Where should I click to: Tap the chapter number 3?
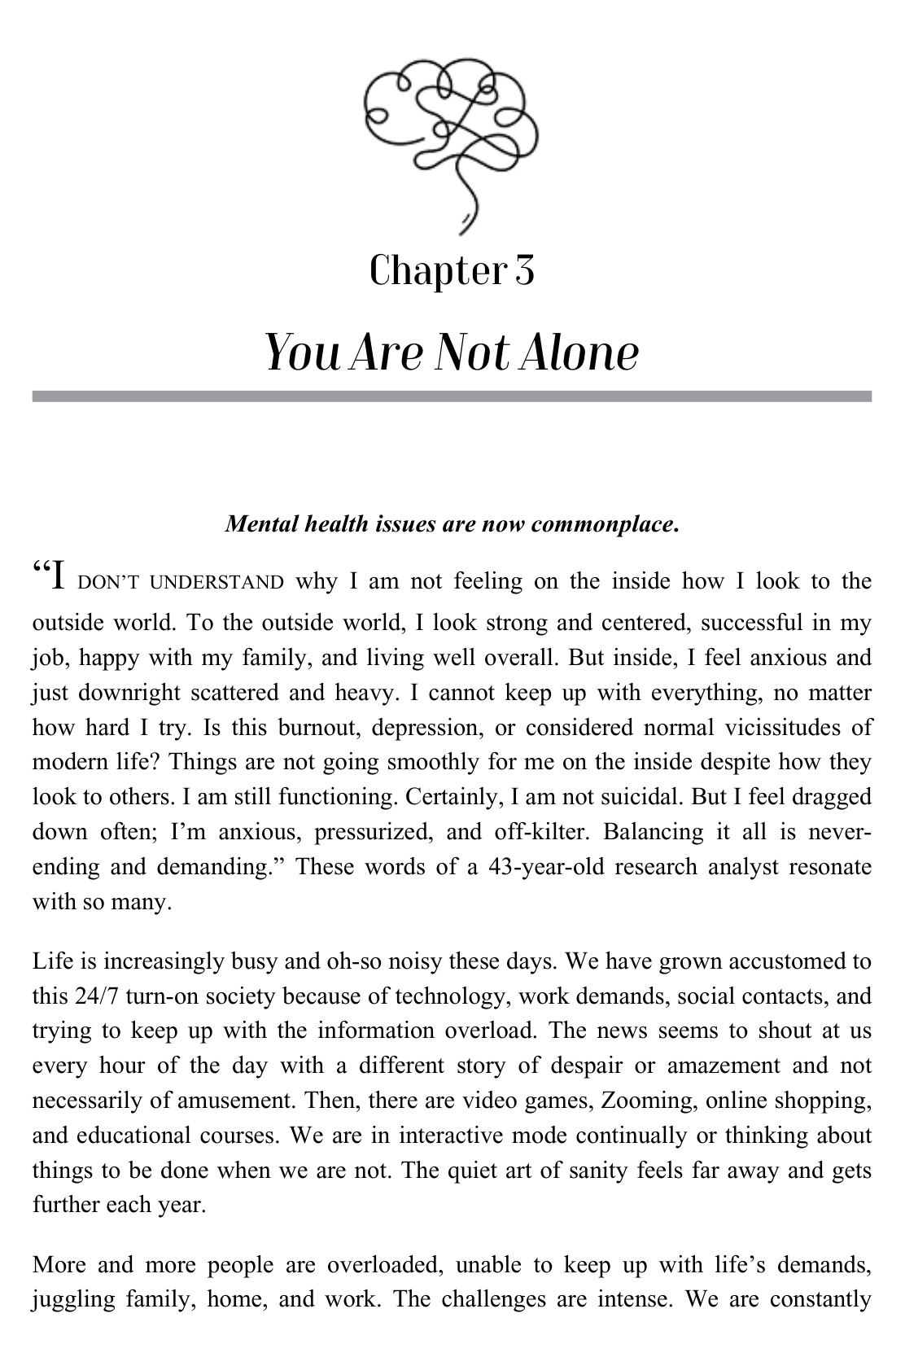(524, 271)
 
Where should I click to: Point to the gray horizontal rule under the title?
(452, 396)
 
